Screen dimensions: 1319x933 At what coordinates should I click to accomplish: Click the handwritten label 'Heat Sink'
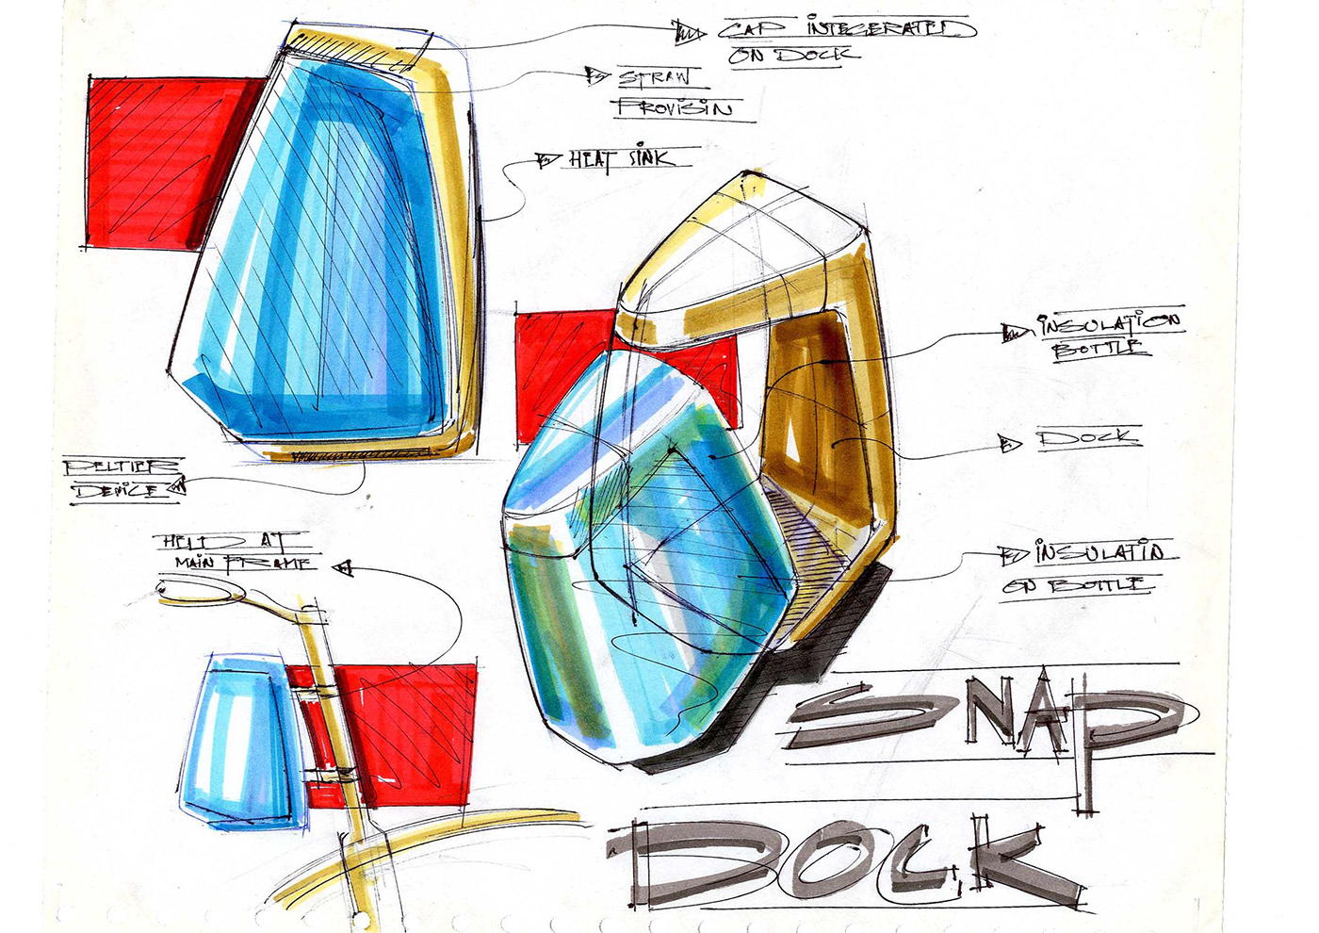coord(622,159)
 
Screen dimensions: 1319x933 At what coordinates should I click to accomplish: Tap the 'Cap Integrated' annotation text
coord(844,29)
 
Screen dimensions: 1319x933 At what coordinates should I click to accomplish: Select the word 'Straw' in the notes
coord(654,77)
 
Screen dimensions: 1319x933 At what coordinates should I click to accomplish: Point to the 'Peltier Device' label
coord(120,478)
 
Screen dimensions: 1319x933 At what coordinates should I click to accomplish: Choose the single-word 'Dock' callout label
coord(1088,438)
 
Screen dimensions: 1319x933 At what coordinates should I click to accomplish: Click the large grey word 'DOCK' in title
coord(848,858)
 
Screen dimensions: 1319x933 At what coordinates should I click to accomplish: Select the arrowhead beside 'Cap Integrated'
coord(691,34)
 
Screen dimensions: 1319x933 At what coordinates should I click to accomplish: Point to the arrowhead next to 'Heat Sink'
coord(546,161)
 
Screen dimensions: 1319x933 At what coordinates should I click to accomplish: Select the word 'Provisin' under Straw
coord(673,107)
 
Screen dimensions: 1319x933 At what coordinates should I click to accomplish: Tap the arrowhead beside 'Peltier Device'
coord(178,486)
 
